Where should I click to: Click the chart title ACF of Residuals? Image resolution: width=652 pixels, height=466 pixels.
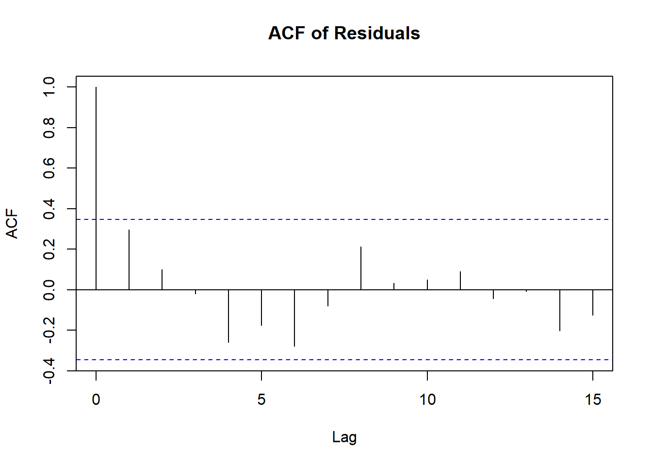coord(344,33)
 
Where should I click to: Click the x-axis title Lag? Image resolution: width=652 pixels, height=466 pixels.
coord(344,437)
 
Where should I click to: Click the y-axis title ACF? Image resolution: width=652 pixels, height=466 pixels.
coord(12,224)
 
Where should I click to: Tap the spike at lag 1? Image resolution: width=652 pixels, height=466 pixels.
coord(129,260)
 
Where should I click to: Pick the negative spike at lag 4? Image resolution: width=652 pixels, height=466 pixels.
coord(228,316)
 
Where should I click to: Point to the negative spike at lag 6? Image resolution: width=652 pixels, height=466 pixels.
coord(294,318)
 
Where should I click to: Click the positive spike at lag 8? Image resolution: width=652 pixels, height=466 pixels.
coord(361,268)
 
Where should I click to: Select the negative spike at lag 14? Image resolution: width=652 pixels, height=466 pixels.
coord(560,310)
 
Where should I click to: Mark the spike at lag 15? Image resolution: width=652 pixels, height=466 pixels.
coord(593,302)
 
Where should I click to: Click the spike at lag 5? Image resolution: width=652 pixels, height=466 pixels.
coord(261,307)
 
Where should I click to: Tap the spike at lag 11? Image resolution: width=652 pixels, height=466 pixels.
coord(460,281)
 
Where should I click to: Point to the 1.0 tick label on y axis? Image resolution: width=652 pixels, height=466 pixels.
coord(49,87)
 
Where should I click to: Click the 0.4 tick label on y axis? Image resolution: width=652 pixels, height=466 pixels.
coord(49,209)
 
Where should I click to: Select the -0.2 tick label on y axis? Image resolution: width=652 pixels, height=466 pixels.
coord(49,330)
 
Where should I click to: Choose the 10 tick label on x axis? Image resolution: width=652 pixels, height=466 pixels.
coord(427,399)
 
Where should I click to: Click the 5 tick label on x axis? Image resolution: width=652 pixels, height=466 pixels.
coord(261,399)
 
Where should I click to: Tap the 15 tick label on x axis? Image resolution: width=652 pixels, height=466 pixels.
coord(593,399)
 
